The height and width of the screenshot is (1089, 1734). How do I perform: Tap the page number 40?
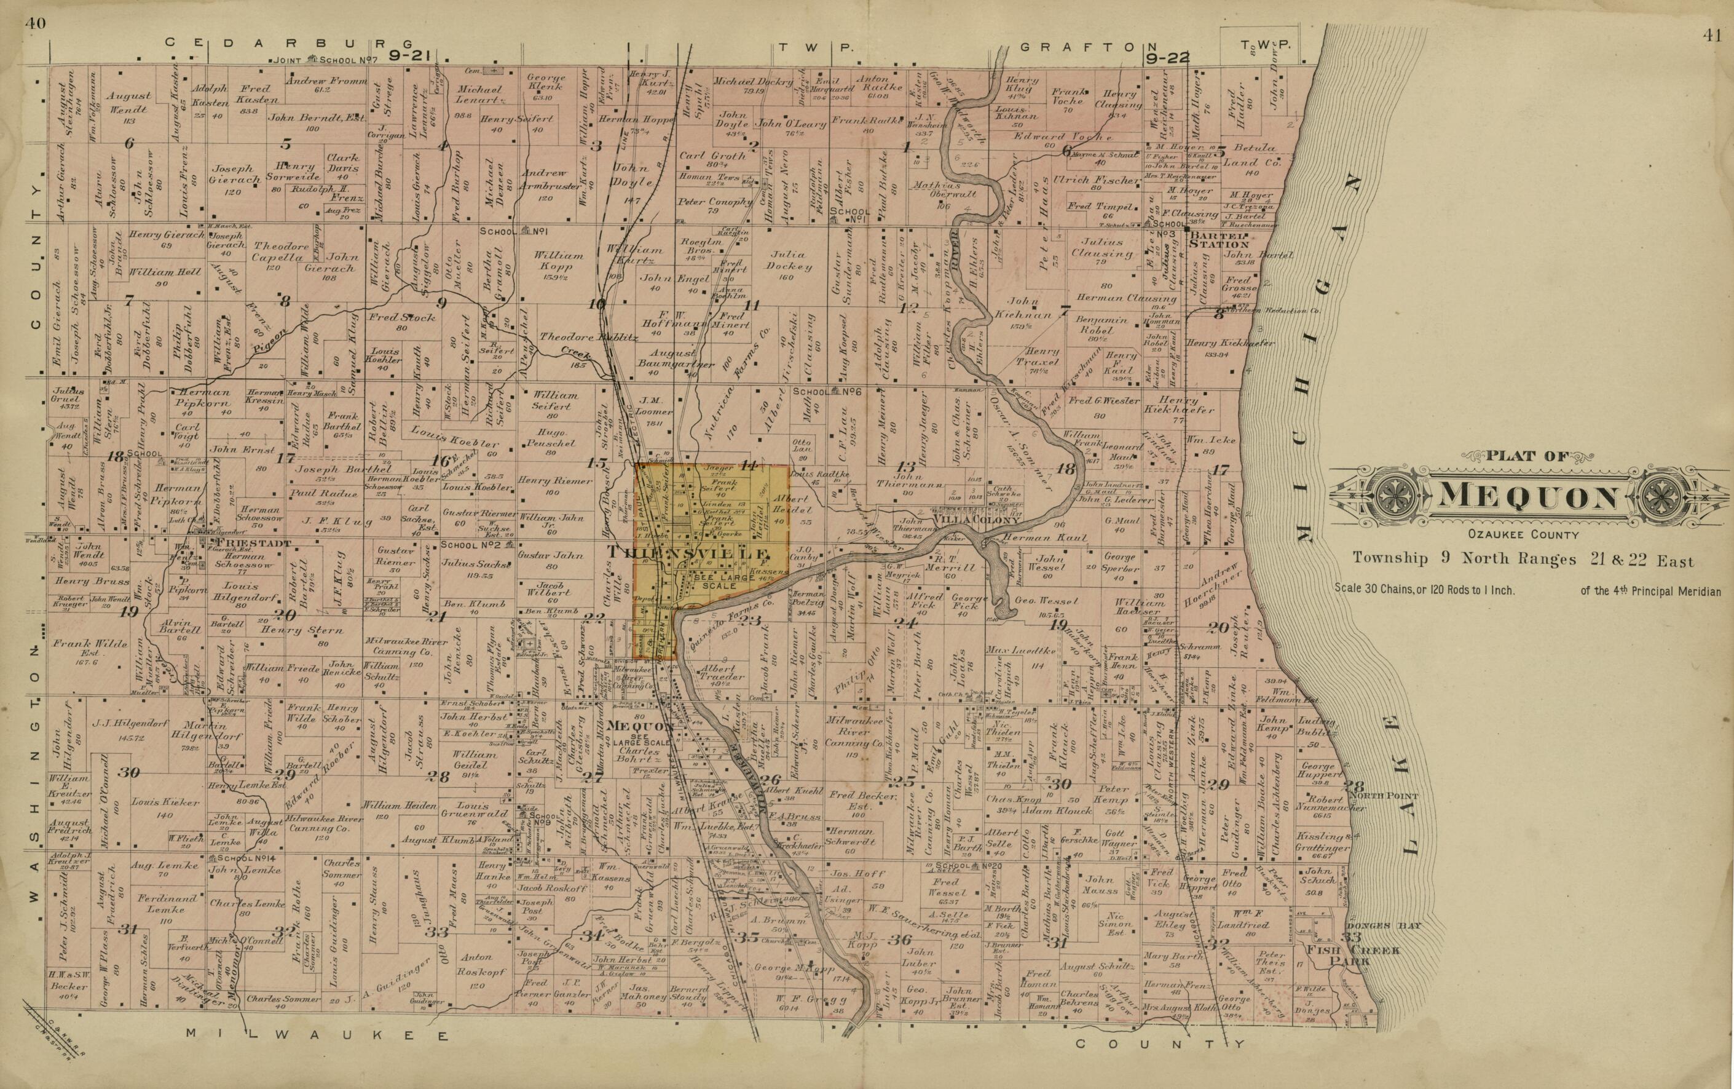(34, 23)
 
